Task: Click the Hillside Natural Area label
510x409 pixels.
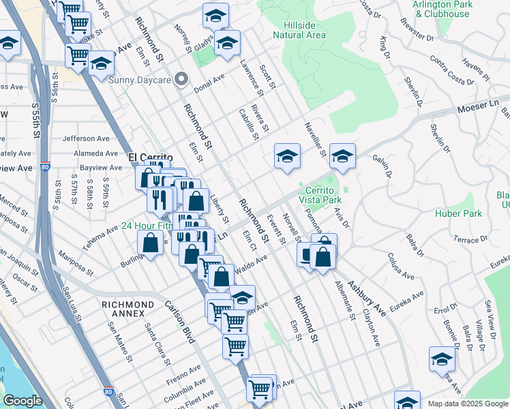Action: [x=300, y=29]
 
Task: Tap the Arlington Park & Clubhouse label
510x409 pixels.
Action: [x=442, y=8]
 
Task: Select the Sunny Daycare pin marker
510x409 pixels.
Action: [x=181, y=79]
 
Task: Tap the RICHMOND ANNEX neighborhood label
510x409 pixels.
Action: [x=127, y=309]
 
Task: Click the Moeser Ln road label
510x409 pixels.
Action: [x=477, y=108]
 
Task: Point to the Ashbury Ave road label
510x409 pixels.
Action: [x=367, y=297]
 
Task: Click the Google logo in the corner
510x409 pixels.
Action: [x=22, y=401]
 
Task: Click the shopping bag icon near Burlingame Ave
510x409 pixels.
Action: [x=150, y=243]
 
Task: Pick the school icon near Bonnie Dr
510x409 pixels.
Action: [x=442, y=359]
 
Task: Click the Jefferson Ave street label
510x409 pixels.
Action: [x=85, y=138]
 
